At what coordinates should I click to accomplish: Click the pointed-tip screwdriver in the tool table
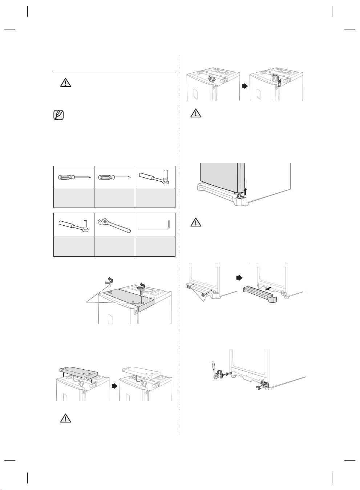coord(73,177)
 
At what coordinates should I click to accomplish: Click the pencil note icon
coord(58,115)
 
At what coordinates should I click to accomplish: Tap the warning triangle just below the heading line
coord(65,83)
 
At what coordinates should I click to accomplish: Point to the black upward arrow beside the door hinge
coord(246,192)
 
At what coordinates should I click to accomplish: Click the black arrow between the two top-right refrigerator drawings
coord(245,87)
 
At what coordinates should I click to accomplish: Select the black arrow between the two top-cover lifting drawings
coord(114,386)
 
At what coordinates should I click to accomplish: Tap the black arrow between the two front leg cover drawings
coord(239,278)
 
